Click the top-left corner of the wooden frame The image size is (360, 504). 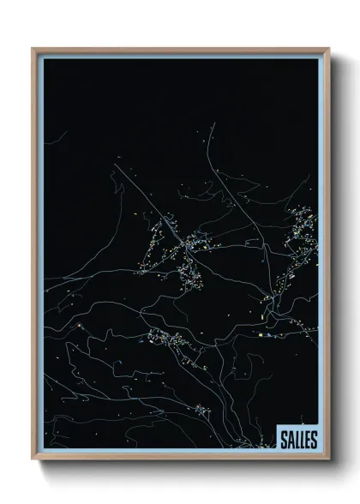click(33, 49)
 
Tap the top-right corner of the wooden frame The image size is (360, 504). click(327, 49)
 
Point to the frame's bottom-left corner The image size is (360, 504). click(33, 459)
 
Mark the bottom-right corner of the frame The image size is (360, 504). click(327, 459)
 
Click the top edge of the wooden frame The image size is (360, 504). click(180, 49)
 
